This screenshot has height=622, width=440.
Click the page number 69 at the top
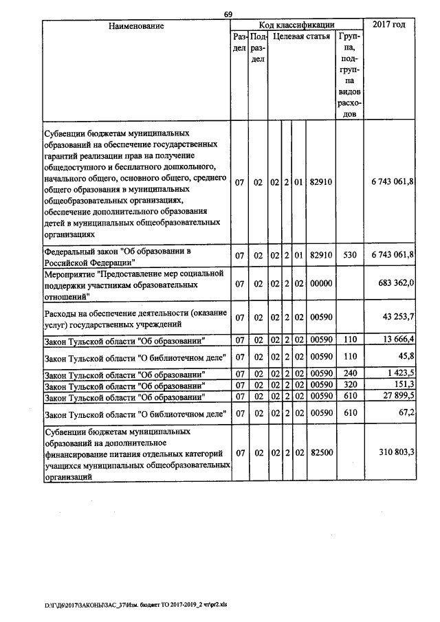click(x=229, y=14)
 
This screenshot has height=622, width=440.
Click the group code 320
click(x=349, y=386)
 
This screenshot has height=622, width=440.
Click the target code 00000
click(x=321, y=284)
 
